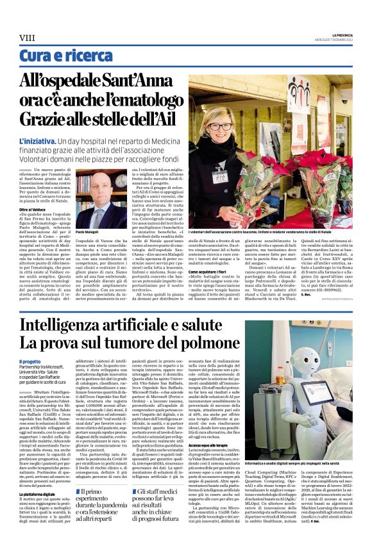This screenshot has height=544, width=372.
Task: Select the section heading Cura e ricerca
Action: (58, 56)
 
